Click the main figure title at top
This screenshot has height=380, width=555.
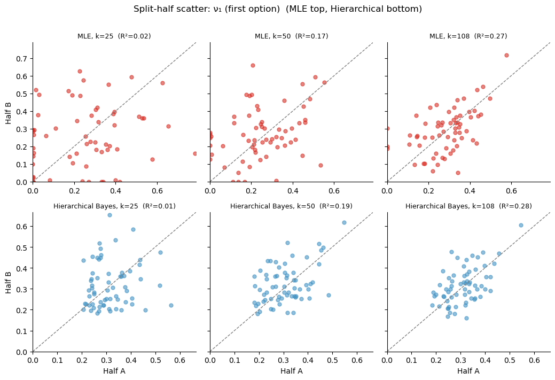click(x=277, y=9)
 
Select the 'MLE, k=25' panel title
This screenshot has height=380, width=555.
click(x=114, y=36)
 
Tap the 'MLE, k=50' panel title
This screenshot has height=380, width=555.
click(x=291, y=36)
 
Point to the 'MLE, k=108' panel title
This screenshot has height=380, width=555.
click(x=468, y=36)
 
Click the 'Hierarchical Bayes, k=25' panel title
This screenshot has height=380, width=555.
click(x=114, y=206)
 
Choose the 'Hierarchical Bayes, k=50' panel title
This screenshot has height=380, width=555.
click(x=291, y=206)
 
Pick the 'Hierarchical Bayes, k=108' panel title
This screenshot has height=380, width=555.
click(x=468, y=206)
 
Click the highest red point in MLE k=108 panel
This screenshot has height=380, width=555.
click(x=506, y=55)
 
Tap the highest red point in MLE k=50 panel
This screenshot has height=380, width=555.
click(x=253, y=65)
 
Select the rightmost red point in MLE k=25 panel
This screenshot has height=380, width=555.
click(x=195, y=153)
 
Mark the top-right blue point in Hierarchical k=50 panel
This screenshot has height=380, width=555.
click(x=344, y=222)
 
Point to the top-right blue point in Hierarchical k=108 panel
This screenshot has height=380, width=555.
click(x=521, y=225)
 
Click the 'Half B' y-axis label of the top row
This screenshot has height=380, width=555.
click(x=9, y=112)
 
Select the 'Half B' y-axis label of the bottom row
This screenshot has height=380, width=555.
click(x=9, y=282)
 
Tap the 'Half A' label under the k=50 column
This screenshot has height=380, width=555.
click(x=291, y=371)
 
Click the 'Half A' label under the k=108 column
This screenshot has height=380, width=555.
click(x=468, y=371)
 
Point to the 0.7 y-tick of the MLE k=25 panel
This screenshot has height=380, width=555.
click(x=22, y=58)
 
